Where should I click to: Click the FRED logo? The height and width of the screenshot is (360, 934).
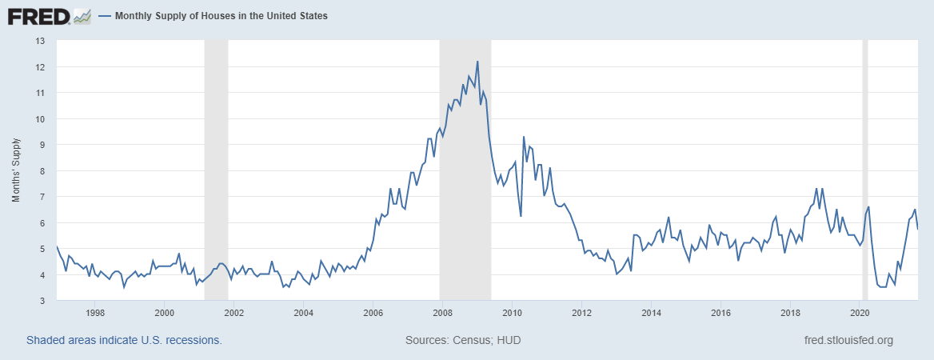coord(38,15)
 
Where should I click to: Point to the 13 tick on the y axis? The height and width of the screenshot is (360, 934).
coord(40,41)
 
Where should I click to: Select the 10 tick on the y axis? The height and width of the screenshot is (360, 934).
coord(40,118)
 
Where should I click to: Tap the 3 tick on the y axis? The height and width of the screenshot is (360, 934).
coord(42,301)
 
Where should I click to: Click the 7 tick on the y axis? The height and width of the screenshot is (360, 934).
coord(42,197)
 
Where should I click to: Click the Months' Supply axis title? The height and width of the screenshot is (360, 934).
coord(16,170)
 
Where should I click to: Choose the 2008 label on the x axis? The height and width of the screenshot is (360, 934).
coord(442,312)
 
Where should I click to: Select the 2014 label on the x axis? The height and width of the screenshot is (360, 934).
coord(651,312)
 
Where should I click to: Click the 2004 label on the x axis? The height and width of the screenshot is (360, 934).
coord(303,312)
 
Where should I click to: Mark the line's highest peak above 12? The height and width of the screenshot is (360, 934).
coord(477,62)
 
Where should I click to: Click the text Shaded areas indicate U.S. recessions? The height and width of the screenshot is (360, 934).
coord(124,340)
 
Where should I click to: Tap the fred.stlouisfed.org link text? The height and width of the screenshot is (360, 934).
coord(848,340)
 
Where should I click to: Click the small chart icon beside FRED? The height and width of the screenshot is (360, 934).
coord(82,15)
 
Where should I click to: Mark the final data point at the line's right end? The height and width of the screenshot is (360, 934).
coord(917,229)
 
